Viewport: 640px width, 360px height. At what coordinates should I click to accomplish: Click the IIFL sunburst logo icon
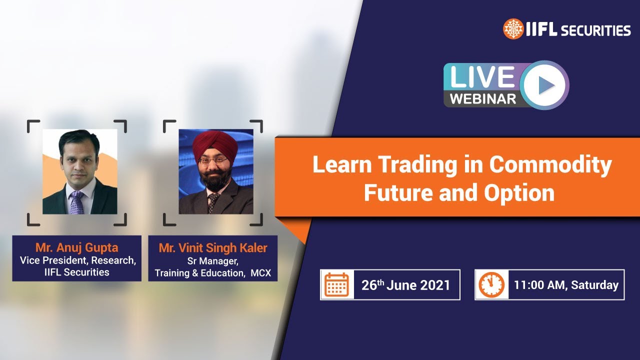(x=513, y=29)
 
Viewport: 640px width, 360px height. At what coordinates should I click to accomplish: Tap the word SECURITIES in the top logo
(x=596, y=30)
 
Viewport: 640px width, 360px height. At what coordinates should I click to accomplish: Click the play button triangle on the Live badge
(x=546, y=85)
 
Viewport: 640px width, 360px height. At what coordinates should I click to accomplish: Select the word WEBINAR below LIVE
(x=482, y=98)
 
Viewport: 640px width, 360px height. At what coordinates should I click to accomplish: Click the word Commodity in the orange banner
(x=550, y=165)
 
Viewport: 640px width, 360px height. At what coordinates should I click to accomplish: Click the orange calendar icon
(x=337, y=285)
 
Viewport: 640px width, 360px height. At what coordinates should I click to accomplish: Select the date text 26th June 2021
(x=405, y=285)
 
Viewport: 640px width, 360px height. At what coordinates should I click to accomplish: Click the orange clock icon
(x=491, y=285)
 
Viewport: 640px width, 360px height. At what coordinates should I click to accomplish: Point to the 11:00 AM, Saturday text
(x=566, y=285)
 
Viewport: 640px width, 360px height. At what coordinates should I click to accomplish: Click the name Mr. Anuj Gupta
(x=76, y=247)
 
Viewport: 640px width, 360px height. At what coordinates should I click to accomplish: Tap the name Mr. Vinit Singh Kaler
(x=213, y=247)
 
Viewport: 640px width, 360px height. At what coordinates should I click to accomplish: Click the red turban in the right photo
(x=215, y=144)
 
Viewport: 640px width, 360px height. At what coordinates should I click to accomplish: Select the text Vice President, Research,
(x=77, y=260)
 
